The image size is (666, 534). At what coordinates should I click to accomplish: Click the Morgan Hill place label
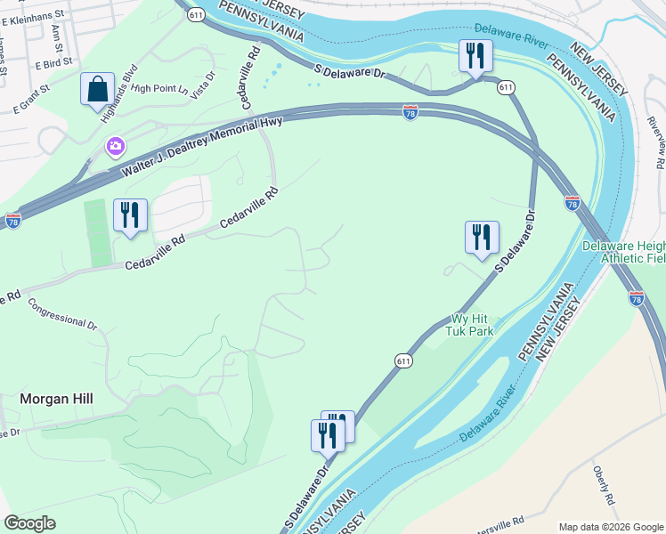58,400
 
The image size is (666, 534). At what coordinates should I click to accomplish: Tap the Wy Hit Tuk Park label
472,325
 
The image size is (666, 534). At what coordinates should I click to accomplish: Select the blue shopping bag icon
97,90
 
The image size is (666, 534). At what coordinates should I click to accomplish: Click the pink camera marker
115,146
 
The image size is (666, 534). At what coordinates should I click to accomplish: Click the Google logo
29,523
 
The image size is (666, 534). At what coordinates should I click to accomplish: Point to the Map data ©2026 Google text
611,527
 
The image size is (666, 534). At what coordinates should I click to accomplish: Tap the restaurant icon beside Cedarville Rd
131,214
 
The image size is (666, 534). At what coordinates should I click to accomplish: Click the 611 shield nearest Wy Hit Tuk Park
403,360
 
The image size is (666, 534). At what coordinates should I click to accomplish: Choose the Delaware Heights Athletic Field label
623,252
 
